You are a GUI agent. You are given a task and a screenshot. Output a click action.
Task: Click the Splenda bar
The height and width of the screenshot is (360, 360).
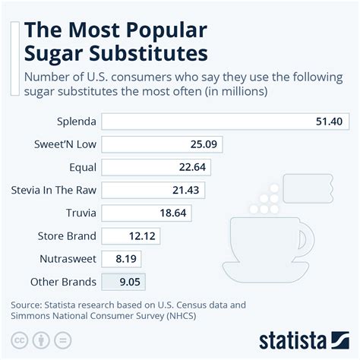[226, 122]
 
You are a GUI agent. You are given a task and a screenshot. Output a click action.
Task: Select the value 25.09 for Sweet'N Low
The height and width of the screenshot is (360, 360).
[204, 144]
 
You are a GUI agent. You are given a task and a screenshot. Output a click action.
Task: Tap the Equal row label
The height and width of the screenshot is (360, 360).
[83, 167]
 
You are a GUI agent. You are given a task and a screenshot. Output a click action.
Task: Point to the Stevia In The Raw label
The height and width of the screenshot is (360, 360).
[54, 190]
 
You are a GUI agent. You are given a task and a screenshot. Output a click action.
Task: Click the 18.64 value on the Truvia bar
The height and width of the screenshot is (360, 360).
[173, 213]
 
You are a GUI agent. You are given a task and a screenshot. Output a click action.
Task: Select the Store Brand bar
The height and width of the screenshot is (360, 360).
[131, 236]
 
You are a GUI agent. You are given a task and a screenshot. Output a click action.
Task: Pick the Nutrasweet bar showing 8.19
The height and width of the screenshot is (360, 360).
[122, 259]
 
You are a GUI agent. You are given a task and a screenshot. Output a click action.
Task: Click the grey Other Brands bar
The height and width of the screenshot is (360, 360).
[123, 282]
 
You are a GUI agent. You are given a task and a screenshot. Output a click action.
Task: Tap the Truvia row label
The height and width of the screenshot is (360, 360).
[81, 213]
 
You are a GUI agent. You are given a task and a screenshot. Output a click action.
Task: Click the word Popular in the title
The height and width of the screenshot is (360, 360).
[166, 30]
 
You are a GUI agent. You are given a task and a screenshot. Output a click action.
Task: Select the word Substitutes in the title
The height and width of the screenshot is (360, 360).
[148, 54]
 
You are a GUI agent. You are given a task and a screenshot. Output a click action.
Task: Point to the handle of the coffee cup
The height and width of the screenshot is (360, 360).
[307, 239]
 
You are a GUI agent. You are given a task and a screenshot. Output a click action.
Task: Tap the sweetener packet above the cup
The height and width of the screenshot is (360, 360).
[308, 188]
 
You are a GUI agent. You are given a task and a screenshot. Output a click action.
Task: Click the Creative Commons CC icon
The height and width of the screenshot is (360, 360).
[19, 340]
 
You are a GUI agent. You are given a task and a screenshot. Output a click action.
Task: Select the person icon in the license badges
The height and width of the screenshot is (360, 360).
[41, 340]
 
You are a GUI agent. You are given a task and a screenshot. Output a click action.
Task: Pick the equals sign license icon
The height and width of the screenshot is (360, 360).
[63, 340]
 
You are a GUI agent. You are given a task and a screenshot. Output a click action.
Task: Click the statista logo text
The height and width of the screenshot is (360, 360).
[292, 340]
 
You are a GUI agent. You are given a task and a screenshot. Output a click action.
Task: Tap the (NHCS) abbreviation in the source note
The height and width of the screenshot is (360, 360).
[182, 316]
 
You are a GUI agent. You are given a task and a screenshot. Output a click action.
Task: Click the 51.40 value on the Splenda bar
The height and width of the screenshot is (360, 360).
[329, 122]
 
